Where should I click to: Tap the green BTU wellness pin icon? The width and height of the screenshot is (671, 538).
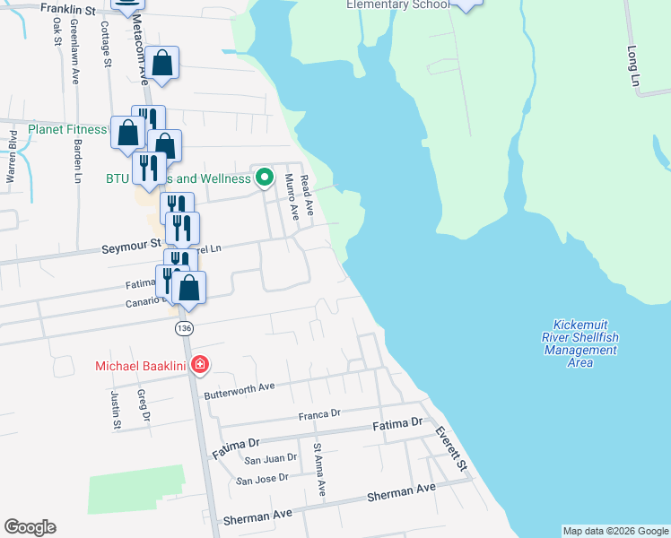(264, 178)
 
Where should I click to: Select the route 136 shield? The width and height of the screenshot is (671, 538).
(184, 327)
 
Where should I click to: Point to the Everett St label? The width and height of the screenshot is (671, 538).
(450, 447)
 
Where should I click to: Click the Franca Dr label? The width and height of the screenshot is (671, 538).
(320, 414)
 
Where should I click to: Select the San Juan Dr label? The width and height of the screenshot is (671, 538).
(271, 458)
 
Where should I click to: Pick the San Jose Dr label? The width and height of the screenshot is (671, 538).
(262, 478)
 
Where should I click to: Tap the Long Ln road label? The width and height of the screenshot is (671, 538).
(634, 68)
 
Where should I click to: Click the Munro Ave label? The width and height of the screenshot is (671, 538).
(290, 197)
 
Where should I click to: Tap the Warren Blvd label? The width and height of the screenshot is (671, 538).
(13, 157)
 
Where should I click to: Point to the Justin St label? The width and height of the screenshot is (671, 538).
(116, 408)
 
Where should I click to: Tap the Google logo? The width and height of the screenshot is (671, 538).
(30, 527)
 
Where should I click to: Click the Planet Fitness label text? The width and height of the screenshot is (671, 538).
(67, 130)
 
